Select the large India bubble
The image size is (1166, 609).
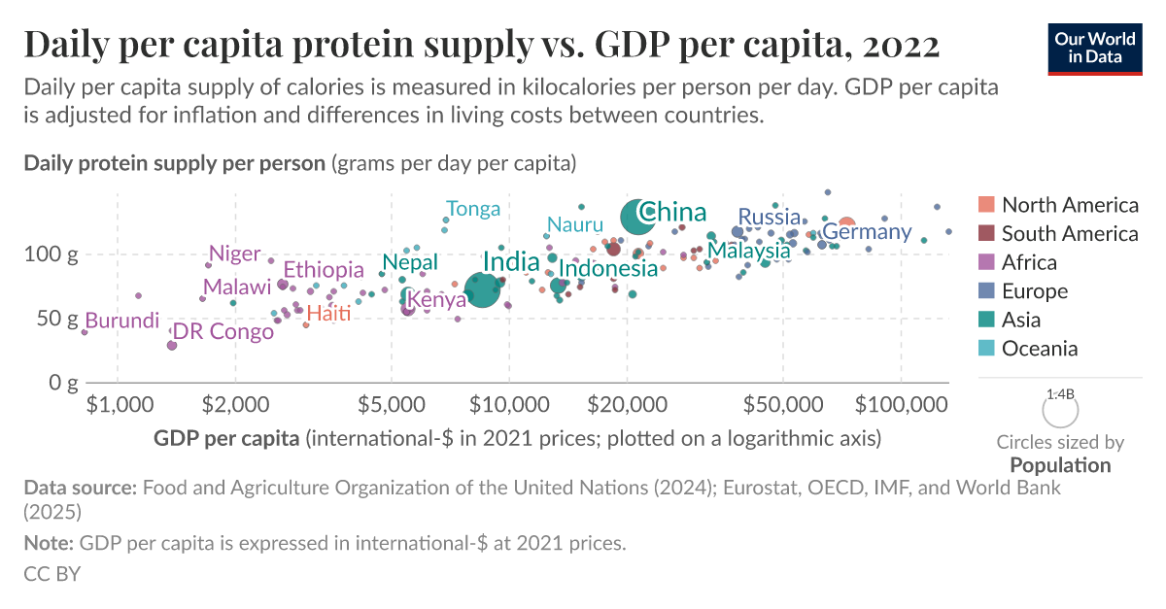(482, 288)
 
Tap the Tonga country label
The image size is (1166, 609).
(473, 209)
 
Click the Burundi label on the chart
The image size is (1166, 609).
(122, 321)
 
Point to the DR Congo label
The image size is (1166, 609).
(223, 332)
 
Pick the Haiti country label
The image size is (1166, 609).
(328, 313)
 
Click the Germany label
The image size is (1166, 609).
(867, 232)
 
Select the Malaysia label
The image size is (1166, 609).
(749, 251)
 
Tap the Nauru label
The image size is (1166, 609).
(575, 225)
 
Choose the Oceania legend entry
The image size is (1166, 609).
(1040, 349)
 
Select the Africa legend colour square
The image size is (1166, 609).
(986, 262)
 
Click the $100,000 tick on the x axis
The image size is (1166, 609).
(901, 402)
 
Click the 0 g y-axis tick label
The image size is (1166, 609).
(65, 383)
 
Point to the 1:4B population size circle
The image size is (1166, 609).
(1060, 410)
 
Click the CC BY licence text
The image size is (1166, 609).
(51, 574)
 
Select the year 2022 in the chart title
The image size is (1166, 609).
(899, 44)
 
